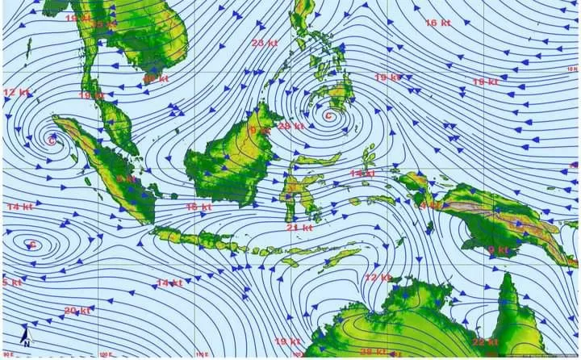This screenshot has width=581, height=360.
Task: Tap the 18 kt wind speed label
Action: point(485,82)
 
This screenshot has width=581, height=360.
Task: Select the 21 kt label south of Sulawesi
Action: point(299,228)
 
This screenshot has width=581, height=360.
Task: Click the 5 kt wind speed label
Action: point(11,283)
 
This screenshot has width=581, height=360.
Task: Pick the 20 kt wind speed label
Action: point(77,311)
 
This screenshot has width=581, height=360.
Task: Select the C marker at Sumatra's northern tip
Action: point(52,141)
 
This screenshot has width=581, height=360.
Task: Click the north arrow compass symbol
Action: point(26,337)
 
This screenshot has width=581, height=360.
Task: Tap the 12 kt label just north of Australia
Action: point(377,278)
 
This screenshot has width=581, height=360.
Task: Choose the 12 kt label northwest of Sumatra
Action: point(16,93)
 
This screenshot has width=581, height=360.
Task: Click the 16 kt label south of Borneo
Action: point(199,207)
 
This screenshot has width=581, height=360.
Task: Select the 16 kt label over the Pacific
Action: point(437,23)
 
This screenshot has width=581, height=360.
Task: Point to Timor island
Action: point(343,256)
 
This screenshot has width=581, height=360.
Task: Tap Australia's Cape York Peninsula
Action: point(508,299)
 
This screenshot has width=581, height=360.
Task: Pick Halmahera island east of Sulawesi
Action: point(369,156)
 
